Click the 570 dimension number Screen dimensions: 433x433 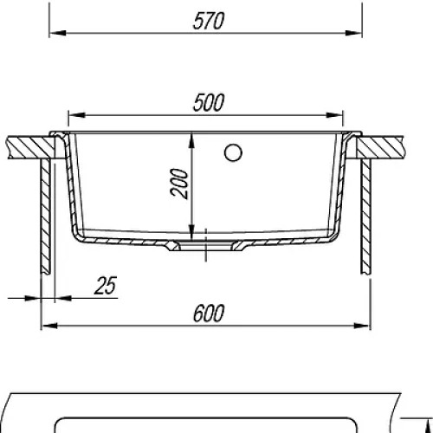209,21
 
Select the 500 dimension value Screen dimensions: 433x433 209,102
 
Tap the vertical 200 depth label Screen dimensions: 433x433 179,184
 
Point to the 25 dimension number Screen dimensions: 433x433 106,286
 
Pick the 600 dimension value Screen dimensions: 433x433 209,313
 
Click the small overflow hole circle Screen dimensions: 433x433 233,152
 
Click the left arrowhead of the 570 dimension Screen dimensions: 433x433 58,33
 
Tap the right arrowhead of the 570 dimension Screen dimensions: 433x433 353,33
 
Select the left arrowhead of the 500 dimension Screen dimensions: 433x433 77,115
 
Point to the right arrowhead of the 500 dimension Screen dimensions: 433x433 334,115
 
